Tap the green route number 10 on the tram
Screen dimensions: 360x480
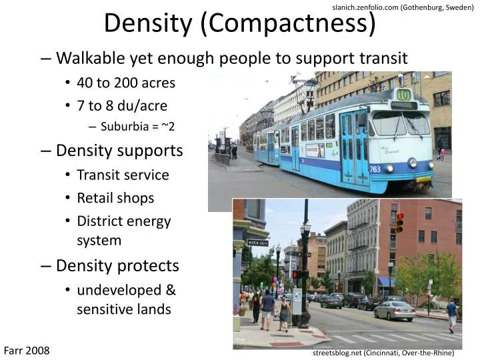[x=403, y=94]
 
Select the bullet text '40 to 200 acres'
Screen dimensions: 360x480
[x=126, y=83]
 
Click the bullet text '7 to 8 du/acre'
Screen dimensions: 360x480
[x=122, y=105]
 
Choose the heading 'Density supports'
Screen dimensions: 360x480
[x=119, y=151]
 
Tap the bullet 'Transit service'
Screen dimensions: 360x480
[x=123, y=175]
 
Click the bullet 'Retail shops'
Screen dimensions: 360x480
[x=115, y=198]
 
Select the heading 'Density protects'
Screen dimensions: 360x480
[x=117, y=265]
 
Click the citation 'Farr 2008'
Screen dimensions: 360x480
[x=27, y=350]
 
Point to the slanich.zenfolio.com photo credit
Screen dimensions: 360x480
[x=402, y=7]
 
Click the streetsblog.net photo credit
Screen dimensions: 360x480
[x=383, y=353]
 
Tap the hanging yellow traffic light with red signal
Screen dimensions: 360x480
[x=399, y=223]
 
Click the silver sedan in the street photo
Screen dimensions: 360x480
[x=395, y=310]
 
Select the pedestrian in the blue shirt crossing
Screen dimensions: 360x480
[x=453, y=313]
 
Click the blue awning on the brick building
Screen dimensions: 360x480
[x=386, y=282]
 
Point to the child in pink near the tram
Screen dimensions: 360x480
[x=442, y=154]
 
